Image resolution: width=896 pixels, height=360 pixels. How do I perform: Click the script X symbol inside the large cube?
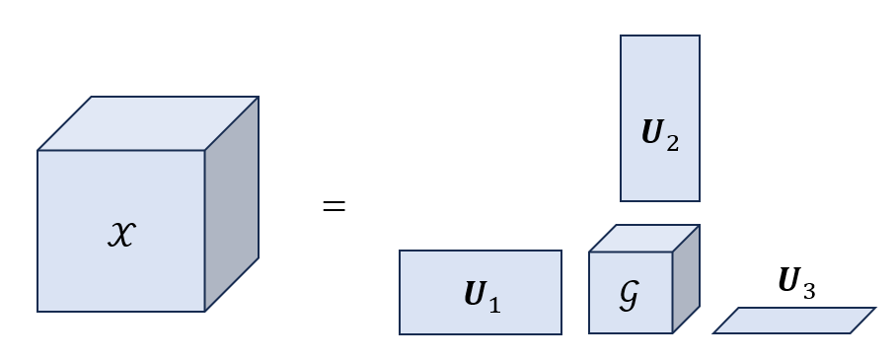120,233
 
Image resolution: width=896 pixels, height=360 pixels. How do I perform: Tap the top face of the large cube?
148,123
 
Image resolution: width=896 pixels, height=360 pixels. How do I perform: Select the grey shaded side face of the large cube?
232,203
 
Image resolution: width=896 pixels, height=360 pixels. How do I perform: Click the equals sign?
335,207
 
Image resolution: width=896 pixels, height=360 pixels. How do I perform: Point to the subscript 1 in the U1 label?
494,304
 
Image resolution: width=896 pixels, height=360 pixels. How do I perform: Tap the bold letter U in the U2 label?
652,135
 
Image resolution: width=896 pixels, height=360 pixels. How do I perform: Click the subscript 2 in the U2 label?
672,143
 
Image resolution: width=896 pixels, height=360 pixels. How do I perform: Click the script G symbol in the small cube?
629,296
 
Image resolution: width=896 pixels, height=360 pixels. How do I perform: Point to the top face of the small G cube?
644,239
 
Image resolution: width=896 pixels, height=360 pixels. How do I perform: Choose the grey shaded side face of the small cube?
686,279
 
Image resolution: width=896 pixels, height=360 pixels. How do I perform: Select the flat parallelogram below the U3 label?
793,321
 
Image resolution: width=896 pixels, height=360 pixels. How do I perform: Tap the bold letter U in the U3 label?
788,283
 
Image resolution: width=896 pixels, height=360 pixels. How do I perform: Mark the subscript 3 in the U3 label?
808,290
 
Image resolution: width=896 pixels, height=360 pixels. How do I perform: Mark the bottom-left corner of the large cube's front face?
37,312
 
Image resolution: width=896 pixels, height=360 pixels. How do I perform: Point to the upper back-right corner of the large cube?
259,97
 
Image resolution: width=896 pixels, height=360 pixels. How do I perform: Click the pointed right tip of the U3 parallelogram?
874,309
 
